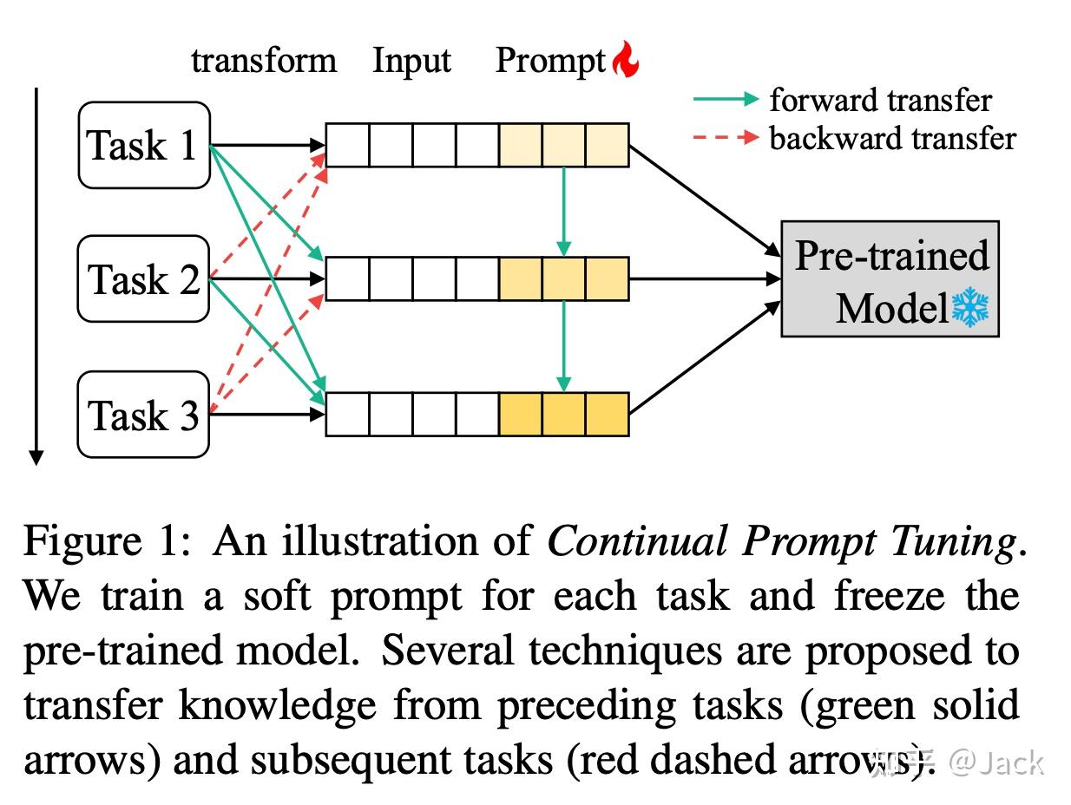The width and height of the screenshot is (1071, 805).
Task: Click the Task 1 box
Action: tap(144, 145)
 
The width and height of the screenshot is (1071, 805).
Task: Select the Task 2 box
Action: tap(144, 279)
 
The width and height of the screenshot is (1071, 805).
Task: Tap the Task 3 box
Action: tap(144, 415)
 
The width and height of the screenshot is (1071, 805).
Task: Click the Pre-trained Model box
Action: tap(890, 279)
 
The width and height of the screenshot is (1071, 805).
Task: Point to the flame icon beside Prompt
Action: tap(625, 61)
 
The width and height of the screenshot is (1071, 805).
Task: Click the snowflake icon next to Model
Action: tap(970, 309)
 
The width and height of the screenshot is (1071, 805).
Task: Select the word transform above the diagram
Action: tap(264, 61)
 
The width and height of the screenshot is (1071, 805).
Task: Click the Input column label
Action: tap(411, 61)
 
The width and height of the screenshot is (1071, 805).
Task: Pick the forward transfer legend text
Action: tap(880, 100)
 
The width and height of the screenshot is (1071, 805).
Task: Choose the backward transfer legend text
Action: tap(892, 137)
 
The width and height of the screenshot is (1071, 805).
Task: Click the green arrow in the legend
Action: tap(726, 100)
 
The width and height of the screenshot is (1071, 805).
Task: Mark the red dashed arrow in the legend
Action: tap(726, 137)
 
